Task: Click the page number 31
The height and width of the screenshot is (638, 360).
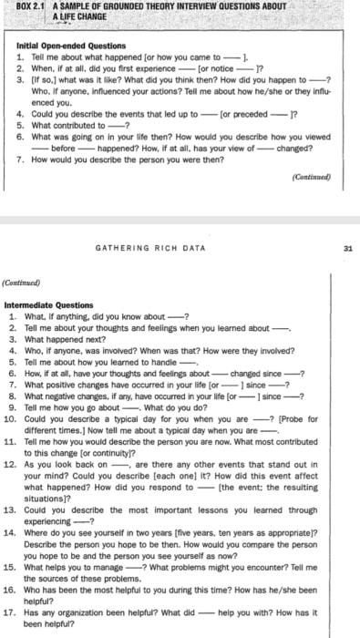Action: (349, 246)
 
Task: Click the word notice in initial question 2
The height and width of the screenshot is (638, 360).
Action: (221, 66)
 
